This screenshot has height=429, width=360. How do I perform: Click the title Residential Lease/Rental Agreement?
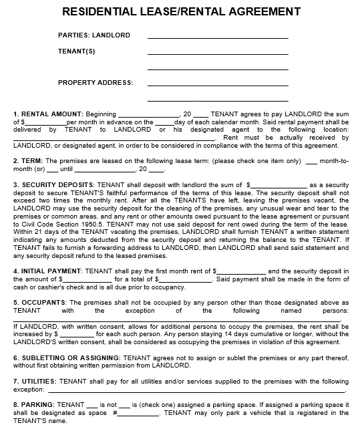tap(180, 11)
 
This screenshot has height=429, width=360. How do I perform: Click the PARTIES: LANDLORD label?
tap(94, 35)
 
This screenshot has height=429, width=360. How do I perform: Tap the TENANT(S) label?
tap(76, 51)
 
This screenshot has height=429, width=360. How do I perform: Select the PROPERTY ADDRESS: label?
tap(96, 83)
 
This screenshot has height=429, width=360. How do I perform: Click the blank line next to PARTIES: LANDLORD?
tap(217, 37)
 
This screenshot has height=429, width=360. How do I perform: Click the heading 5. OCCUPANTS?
tap(39, 302)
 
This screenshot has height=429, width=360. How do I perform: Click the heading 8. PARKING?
tap(34, 405)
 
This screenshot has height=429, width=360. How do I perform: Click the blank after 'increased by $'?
tap(76, 333)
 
